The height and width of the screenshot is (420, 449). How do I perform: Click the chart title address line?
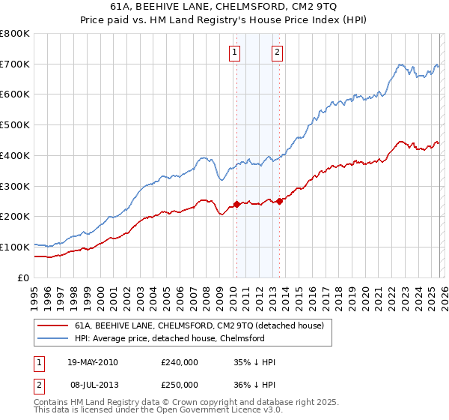pyautogui.click(x=224, y=7)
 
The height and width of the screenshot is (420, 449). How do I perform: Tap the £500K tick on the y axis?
pyautogui.click(x=15, y=124)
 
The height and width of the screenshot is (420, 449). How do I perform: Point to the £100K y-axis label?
pyautogui.click(x=15, y=247)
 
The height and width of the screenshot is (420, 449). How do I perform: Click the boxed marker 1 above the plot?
pyautogui.click(x=235, y=52)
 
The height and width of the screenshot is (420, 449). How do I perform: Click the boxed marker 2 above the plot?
pyautogui.click(x=277, y=52)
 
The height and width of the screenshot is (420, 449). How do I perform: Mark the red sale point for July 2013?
pyautogui.click(x=279, y=200)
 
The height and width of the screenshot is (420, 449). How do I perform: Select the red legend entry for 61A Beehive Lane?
pyautogui.click(x=198, y=325)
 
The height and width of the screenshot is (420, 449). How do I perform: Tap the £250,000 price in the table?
pyautogui.click(x=179, y=385)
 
